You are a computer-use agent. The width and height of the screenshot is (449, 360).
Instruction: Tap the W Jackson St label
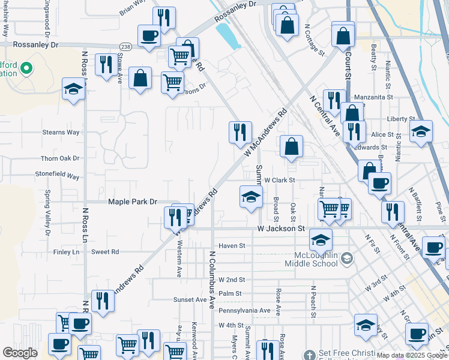(x=281, y=229)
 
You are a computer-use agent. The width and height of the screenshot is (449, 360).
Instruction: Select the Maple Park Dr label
(x=132, y=202)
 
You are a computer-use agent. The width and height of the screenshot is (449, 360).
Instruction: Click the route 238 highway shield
(x=125, y=46)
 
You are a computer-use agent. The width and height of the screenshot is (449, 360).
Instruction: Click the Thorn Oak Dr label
(x=60, y=158)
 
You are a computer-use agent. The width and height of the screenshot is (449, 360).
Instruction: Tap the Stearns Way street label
(x=61, y=132)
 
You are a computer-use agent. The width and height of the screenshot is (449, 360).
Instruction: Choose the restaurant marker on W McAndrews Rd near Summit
(x=241, y=131)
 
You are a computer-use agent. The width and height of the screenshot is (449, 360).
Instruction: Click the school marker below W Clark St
(x=251, y=196)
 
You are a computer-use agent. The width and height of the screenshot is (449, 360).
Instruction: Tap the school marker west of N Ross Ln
(x=74, y=90)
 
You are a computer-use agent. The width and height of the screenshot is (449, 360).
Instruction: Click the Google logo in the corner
(x=20, y=353)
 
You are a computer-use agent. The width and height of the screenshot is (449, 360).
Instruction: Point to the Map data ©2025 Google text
(x=412, y=355)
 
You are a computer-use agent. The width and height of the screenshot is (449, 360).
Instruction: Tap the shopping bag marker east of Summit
(x=291, y=146)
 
